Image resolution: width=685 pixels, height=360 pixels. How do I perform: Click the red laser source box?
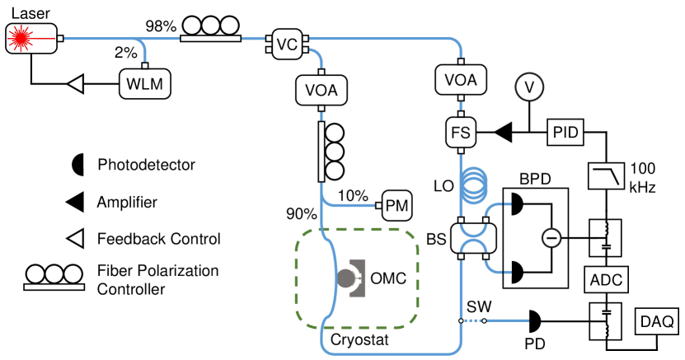(x=30, y=37)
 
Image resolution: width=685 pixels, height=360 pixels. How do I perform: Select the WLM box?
(x=143, y=83)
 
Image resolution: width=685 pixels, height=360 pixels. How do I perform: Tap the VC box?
(x=286, y=44)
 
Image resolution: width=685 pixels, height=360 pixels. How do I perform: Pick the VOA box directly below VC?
(x=321, y=87)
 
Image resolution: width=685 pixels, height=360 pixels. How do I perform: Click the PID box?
(x=565, y=130)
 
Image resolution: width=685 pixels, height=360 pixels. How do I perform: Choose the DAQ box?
(x=656, y=320)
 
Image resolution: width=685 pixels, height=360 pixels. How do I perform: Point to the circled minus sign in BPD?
(x=551, y=237)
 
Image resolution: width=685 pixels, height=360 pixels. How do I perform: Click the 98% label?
(x=162, y=26)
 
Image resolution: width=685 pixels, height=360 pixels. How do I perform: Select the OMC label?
(x=389, y=278)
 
